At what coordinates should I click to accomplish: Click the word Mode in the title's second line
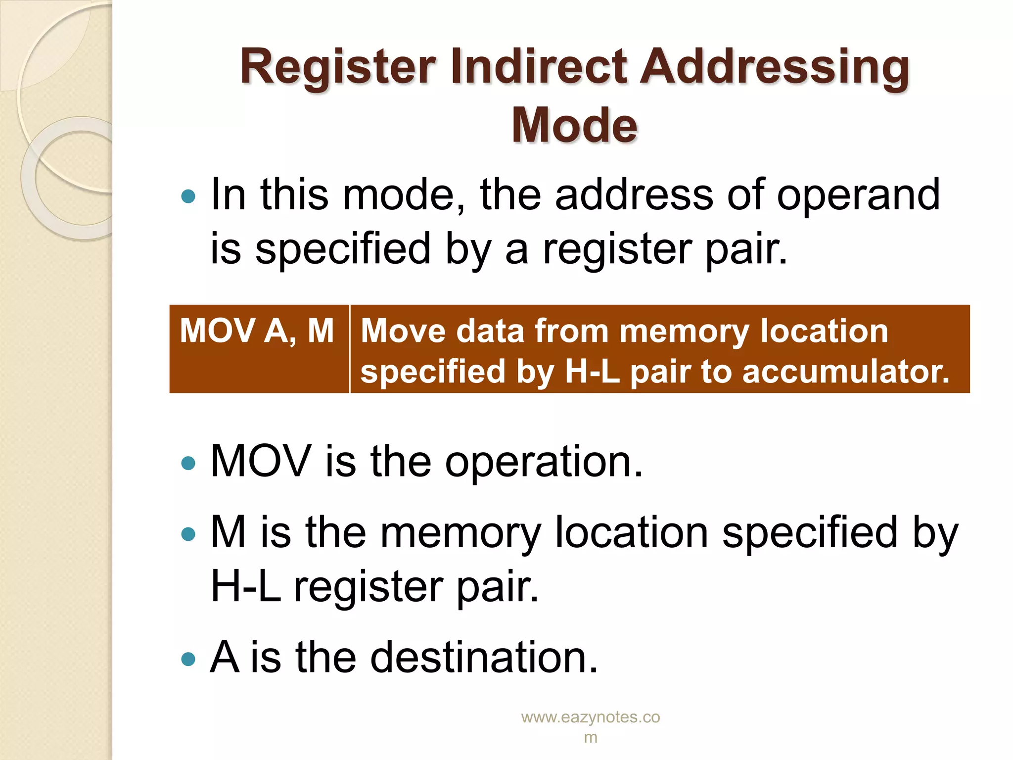click(574, 125)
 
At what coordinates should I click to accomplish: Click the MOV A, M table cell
click(258, 331)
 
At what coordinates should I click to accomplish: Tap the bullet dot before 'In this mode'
click(188, 196)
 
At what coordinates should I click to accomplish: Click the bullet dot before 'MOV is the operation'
click(188, 463)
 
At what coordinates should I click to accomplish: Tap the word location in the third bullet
click(632, 532)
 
